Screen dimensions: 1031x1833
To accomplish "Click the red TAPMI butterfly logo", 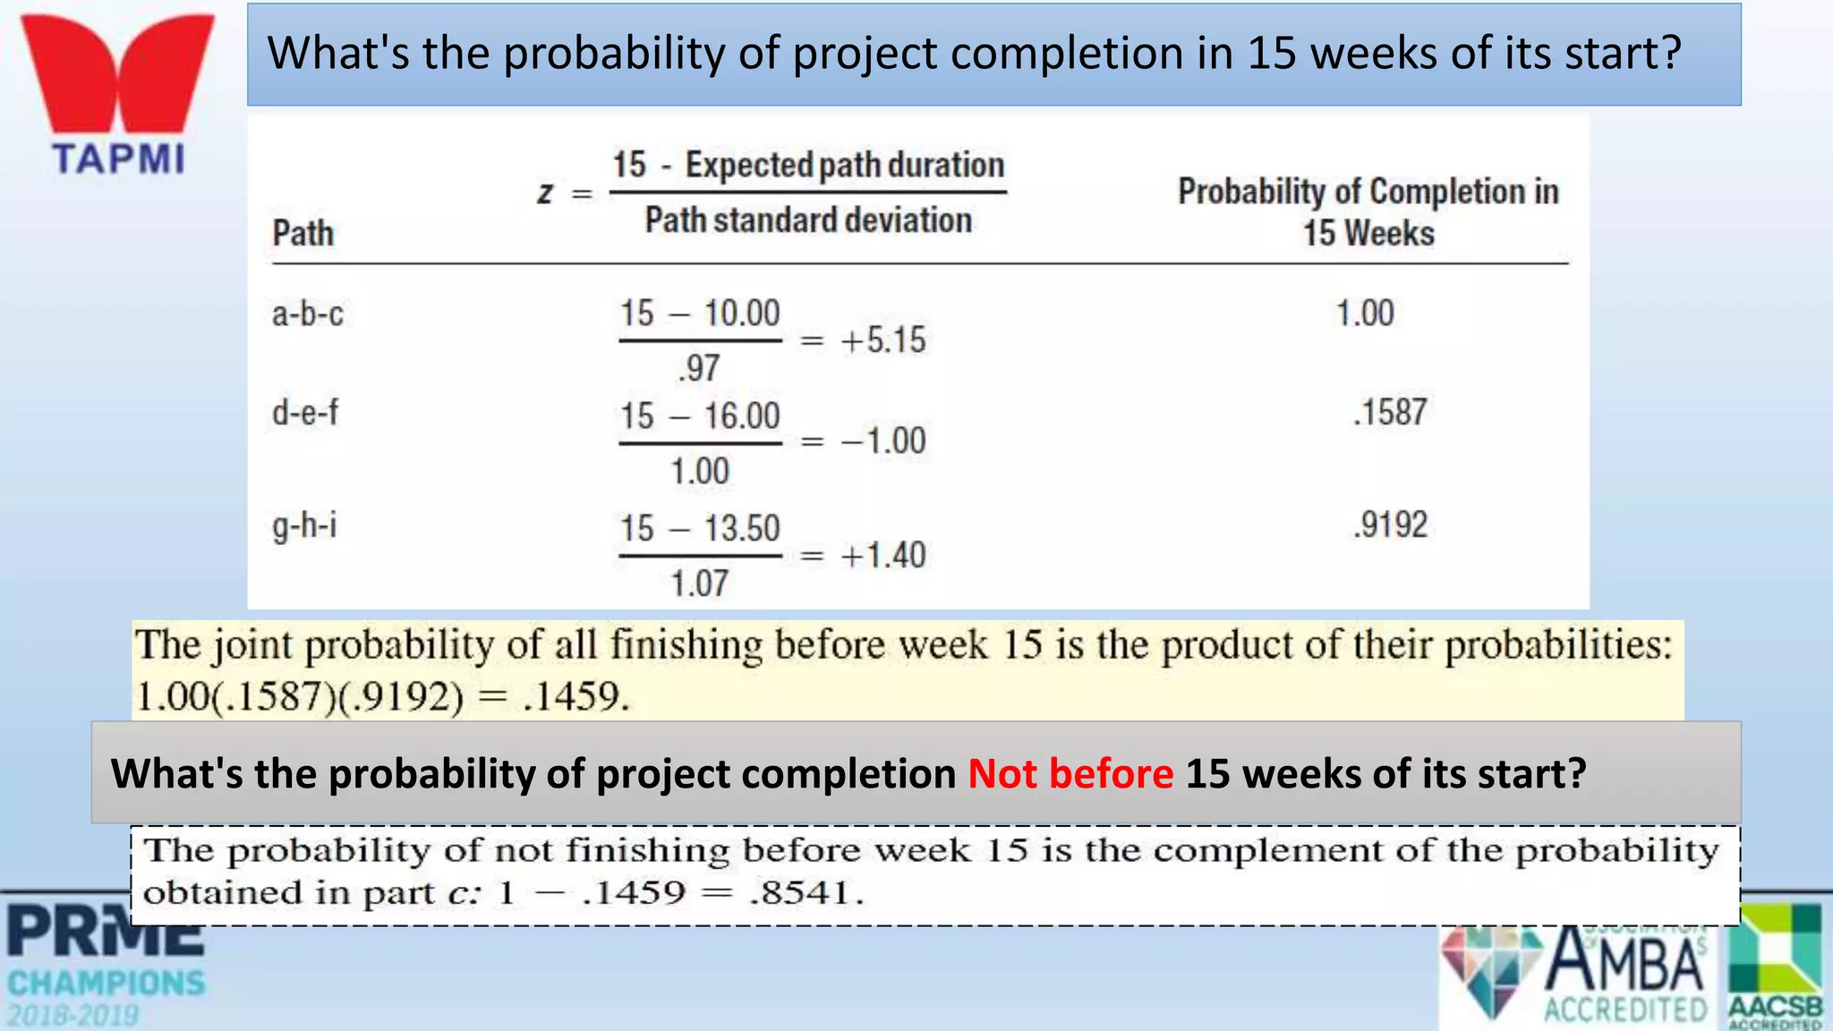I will [117, 73].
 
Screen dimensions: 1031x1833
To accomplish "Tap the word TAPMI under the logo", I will [118, 159].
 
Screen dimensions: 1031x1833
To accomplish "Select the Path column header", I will [303, 234].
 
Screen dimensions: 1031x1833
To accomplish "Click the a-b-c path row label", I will [307, 314].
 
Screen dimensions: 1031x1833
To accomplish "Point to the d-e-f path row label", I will [305, 413].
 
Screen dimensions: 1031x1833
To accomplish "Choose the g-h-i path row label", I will [304, 525].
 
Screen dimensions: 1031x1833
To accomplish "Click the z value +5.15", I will [882, 341].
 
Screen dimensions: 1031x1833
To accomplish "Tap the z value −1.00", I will [882, 441].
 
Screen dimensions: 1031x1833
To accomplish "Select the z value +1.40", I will [882, 556].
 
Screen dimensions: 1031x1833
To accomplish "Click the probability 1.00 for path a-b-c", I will [1365, 313].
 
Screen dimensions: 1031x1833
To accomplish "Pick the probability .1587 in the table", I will [1389, 413].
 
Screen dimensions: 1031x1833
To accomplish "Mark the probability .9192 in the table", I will [1389, 524].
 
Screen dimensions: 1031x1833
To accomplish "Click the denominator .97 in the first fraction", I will [698, 369].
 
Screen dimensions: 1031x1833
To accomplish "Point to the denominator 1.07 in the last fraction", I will [700, 584].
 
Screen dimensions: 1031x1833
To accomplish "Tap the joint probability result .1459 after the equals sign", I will [575, 696].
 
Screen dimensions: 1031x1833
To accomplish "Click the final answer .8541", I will [805, 892].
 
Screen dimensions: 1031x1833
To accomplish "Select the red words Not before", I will [1070, 773].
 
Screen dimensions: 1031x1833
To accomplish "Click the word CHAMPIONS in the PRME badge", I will [107, 984].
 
